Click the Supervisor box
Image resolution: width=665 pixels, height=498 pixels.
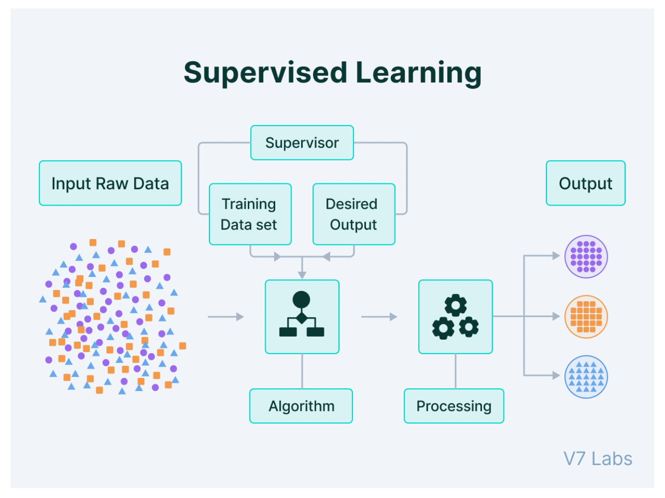[302, 143]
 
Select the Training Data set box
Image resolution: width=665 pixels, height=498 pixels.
[250, 214]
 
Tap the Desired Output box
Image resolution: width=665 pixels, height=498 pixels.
[353, 214]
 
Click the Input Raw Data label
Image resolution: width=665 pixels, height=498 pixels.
[110, 183]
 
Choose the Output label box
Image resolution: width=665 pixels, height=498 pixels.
[585, 183]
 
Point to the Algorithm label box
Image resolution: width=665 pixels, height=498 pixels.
[301, 406]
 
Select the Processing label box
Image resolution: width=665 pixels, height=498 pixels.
[454, 406]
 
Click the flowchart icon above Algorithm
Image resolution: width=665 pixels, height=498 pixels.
[302, 317]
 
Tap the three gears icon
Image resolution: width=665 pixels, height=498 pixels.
[456, 317]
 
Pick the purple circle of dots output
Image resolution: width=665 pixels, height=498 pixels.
[586, 256]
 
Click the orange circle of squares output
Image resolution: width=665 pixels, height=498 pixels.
[586, 317]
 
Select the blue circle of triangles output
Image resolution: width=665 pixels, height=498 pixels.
[586, 377]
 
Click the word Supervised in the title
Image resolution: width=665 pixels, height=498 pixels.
[265, 73]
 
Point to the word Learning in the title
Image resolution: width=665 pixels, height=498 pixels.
[418, 73]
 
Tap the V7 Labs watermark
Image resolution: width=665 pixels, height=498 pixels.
[598, 459]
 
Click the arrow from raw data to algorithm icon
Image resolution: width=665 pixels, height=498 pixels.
[226, 317]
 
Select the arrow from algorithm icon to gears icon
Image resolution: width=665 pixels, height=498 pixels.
[379, 317]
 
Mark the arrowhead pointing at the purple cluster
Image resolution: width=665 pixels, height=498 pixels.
[556, 256]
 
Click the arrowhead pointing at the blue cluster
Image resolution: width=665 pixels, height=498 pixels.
[556, 375]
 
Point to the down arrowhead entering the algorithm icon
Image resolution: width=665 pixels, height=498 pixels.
[302, 275]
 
